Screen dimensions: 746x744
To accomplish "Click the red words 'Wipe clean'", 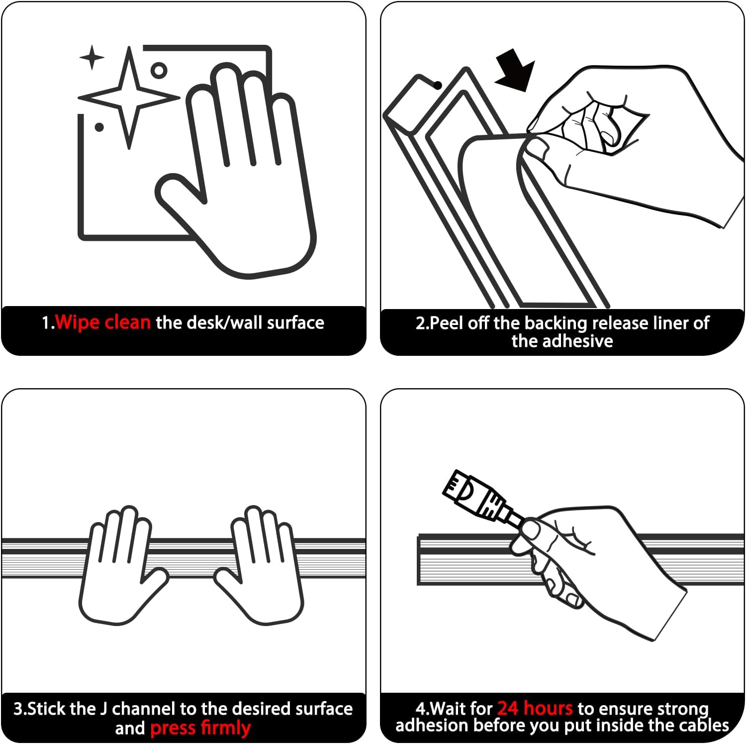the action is (103, 322).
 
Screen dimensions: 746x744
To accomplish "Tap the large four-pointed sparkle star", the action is (129, 98).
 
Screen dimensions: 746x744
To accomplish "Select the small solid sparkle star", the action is (92, 57).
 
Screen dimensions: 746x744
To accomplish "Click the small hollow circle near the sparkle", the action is (159, 70).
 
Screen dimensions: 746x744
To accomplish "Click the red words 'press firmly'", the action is (200, 728).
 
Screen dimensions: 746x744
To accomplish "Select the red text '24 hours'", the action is (535, 708).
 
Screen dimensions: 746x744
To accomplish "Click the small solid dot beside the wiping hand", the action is (99, 127).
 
